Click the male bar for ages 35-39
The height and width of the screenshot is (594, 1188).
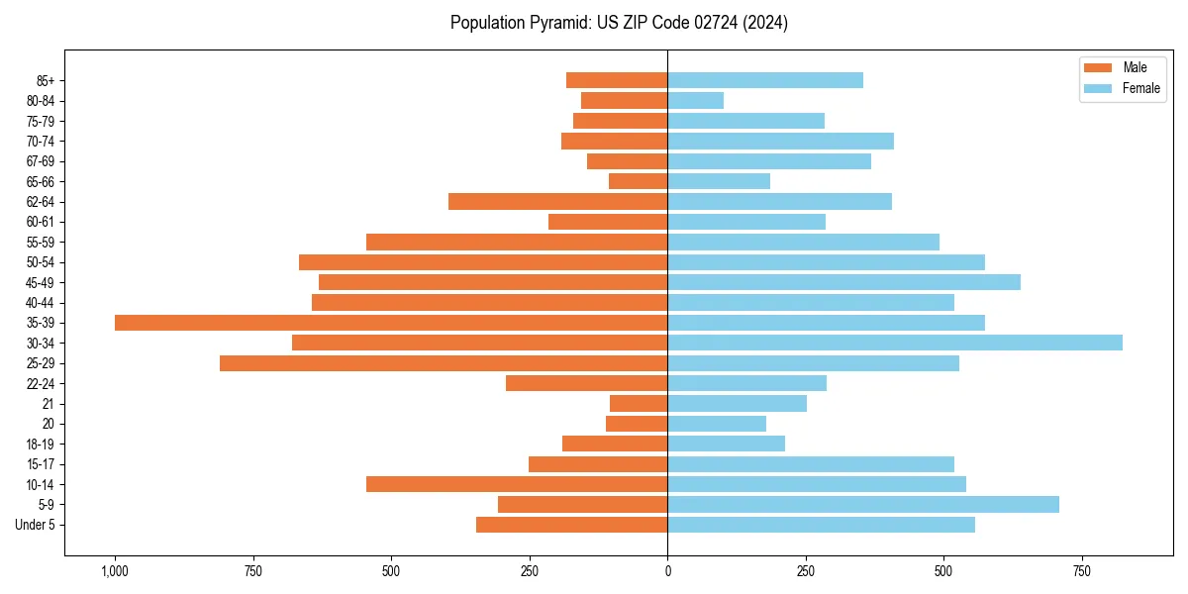391,323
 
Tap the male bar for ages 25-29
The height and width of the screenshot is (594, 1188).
444,363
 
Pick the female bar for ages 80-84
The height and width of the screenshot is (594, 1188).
696,100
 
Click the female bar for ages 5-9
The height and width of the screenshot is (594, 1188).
863,505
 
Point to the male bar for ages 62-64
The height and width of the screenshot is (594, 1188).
558,202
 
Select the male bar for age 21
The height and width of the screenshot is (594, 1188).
639,404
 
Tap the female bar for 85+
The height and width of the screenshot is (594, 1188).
765,80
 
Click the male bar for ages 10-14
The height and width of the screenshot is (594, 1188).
517,484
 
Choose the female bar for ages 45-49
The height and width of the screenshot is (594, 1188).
843,282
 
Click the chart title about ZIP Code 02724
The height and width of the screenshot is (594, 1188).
619,23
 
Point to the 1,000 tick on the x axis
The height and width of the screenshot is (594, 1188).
115,571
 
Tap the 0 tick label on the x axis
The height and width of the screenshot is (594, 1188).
667,571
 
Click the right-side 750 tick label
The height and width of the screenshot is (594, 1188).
1082,571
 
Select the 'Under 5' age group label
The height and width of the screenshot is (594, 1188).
35,525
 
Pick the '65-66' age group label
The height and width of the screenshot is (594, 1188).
41,181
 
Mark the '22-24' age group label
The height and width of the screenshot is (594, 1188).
41,384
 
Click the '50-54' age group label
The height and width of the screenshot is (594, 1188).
41,262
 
